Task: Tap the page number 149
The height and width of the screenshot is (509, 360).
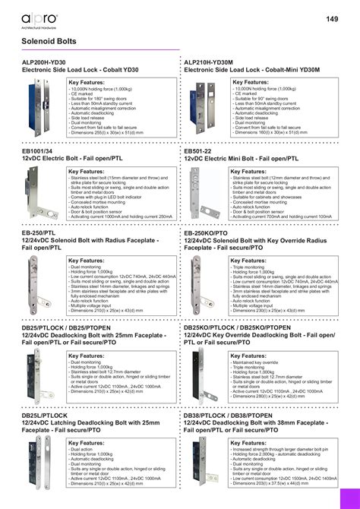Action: pos(333,19)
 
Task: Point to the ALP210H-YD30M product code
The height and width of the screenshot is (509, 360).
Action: pos(212,62)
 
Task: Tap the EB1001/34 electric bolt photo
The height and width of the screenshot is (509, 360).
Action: pos(34,194)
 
